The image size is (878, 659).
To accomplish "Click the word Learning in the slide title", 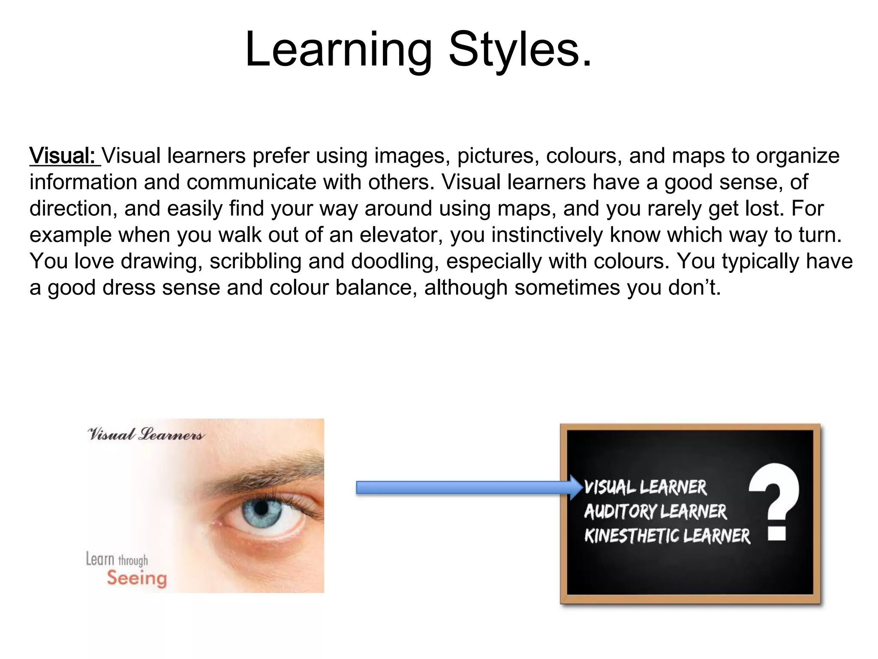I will click(x=339, y=51).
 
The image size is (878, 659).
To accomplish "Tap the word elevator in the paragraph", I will click(x=401, y=235).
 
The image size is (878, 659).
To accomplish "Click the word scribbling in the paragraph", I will click(x=256, y=261).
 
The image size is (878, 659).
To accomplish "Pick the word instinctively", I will click(x=547, y=235).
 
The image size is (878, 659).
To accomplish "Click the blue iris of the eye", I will click(x=262, y=510).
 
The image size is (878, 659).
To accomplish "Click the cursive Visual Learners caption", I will click(x=146, y=435).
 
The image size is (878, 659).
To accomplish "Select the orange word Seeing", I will click(x=137, y=579).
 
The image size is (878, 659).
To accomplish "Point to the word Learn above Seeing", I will click(x=100, y=559).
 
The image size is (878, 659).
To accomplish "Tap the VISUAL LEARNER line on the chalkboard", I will click(x=645, y=487).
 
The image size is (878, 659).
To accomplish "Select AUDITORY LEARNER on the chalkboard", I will click(x=655, y=511).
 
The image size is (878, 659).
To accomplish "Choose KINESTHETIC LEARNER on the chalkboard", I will click(x=667, y=536).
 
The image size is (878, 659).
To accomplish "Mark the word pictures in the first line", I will click(x=497, y=156).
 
